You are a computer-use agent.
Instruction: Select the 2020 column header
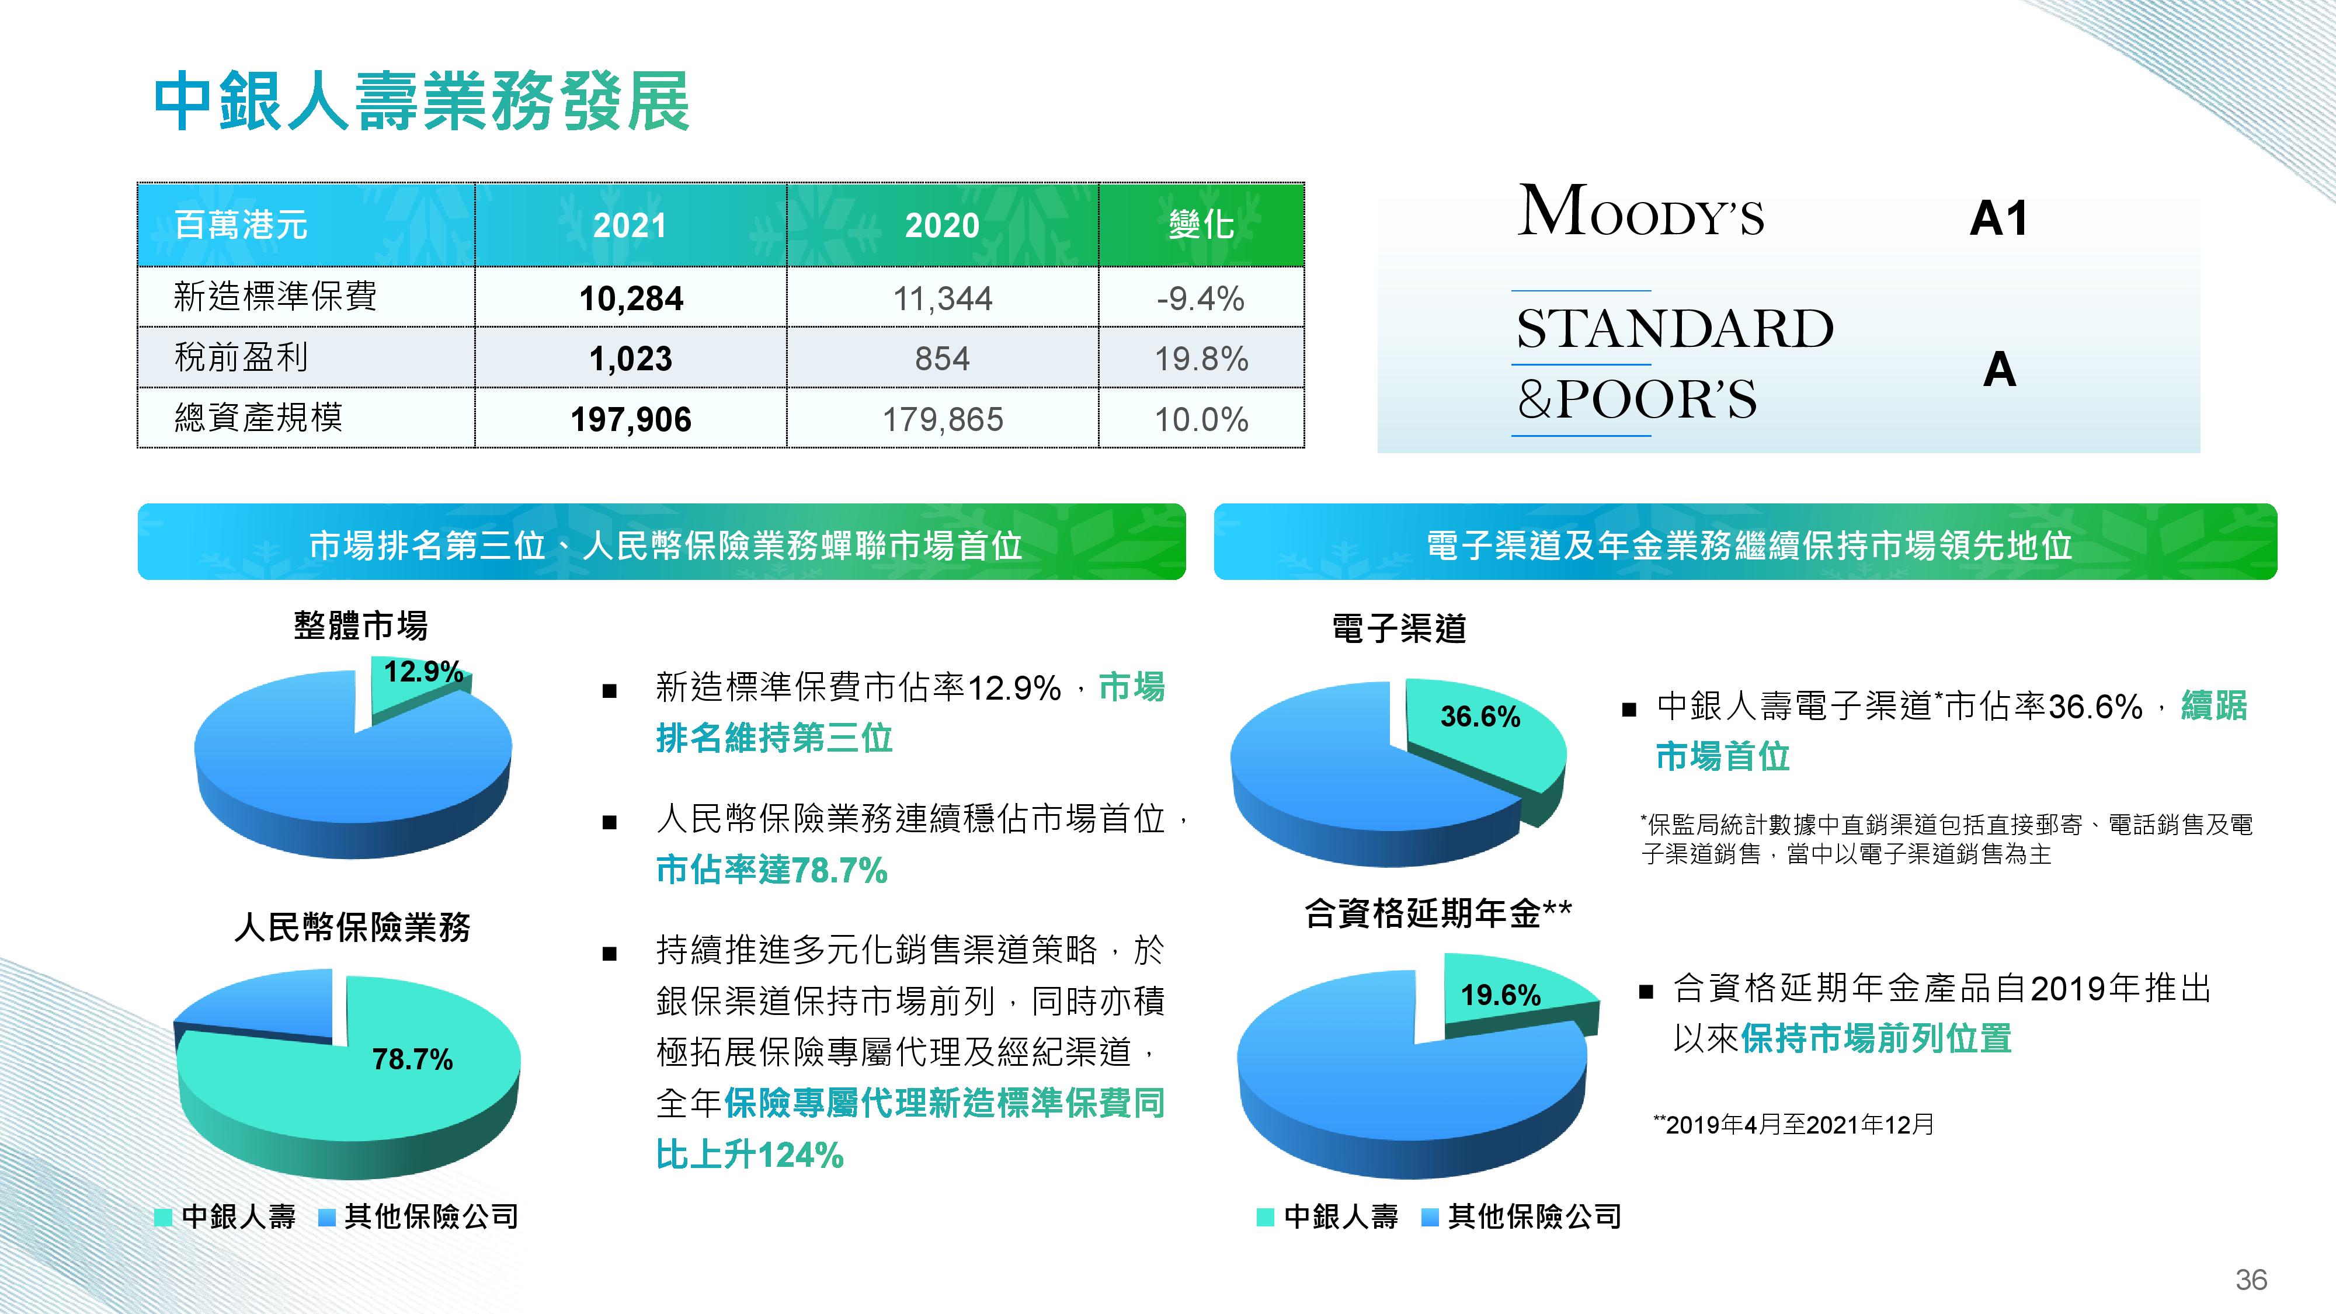942,225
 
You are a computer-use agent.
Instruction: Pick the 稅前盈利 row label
241,357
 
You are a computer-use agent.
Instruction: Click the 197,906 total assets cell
631,419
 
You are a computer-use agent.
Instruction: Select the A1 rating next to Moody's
1998,218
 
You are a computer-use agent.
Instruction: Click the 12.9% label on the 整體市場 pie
423,672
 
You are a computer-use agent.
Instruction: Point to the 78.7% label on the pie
413,1059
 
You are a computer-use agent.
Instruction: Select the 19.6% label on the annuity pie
1501,995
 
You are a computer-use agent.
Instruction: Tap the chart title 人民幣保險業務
353,927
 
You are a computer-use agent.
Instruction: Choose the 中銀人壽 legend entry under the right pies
1329,1216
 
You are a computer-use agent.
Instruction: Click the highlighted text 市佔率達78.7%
771,870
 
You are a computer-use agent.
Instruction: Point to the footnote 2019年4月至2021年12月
1793,1124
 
